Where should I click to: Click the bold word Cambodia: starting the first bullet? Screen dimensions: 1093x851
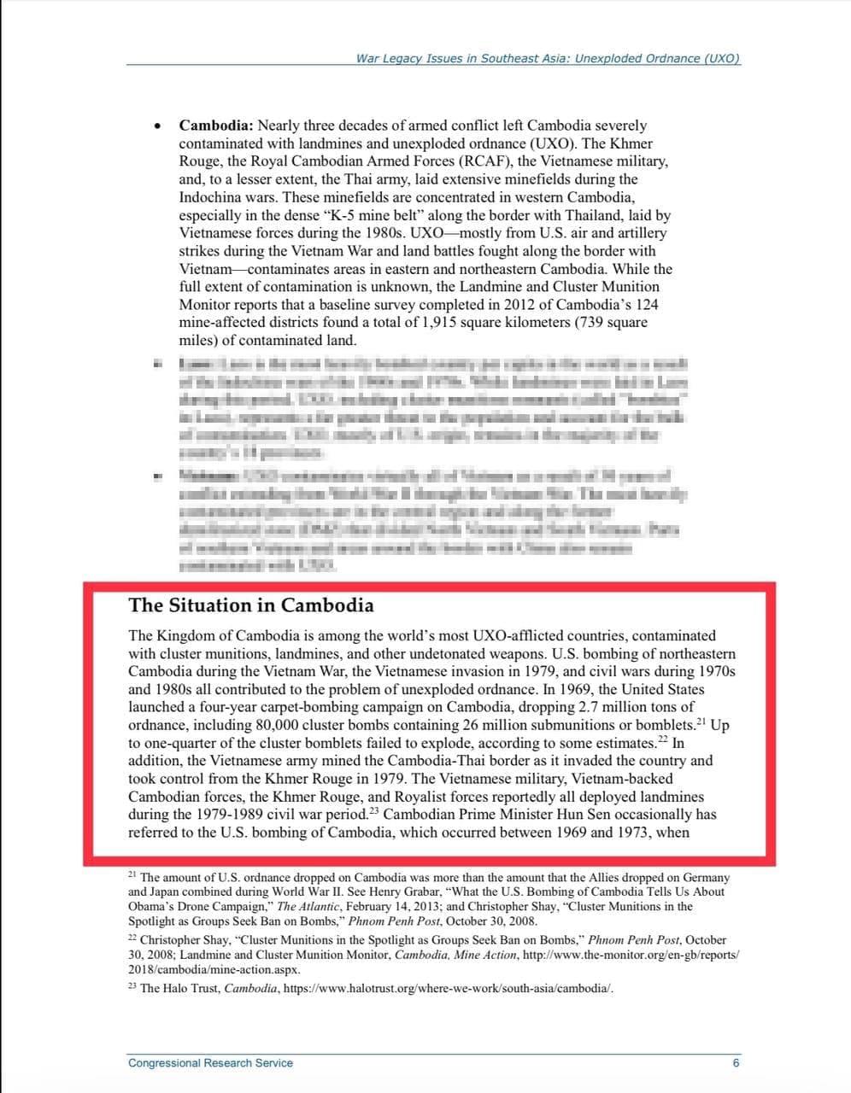click(216, 126)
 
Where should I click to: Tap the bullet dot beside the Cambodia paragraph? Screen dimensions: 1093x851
click(157, 127)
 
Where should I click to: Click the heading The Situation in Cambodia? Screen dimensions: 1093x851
click(250, 605)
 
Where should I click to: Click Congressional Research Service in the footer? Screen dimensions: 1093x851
click(210, 1063)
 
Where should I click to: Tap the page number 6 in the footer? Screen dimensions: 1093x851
click(736, 1063)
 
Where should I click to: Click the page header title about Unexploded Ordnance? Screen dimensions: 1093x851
click(547, 58)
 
